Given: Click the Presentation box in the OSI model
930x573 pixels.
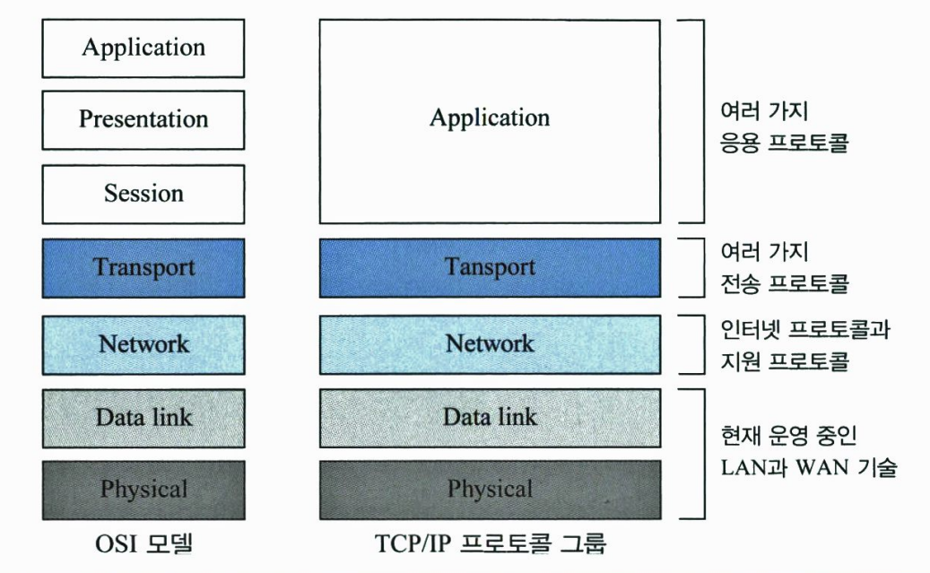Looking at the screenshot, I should click(143, 119).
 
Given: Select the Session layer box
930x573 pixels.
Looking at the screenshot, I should click(143, 194).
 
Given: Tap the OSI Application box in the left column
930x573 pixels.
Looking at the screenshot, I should click(143, 48).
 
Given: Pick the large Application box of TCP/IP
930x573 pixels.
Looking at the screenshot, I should click(489, 118).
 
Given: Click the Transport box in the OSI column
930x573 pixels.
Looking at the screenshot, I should click(143, 267).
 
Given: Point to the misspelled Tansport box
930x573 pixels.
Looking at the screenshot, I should click(489, 267).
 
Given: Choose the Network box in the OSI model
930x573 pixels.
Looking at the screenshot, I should click(143, 344).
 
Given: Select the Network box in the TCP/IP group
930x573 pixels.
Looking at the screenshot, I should click(489, 344).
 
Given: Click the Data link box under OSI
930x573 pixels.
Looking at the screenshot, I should click(143, 417).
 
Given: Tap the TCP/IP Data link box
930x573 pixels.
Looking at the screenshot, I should click(489, 417).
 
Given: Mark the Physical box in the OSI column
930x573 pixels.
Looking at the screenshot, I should click(143, 490).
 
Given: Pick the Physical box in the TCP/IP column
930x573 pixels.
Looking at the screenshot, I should click(489, 490).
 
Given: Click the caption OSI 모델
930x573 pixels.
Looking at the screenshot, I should click(143, 544).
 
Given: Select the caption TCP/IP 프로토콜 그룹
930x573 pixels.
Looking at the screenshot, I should click(489, 544).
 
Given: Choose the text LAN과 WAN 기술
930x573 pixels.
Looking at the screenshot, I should click(808, 467).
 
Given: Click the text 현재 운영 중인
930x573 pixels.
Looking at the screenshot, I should click(788, 437).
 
